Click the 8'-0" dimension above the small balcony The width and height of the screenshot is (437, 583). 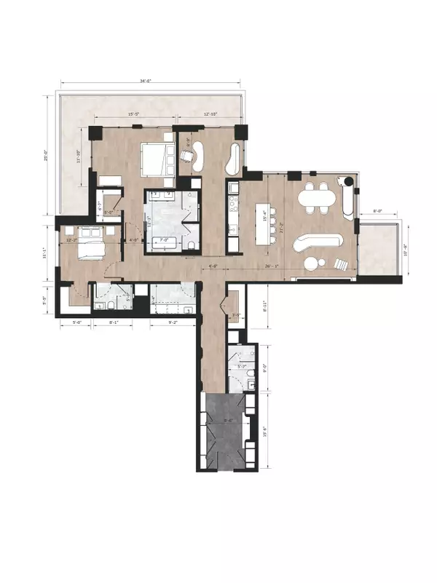click(x=379, y=213)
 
